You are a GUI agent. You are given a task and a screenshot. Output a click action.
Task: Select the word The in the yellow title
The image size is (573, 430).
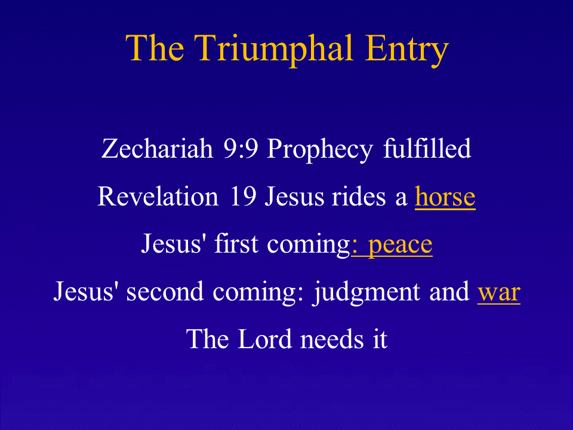coord(155,48)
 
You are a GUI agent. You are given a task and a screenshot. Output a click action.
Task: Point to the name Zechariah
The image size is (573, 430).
coord(157,149)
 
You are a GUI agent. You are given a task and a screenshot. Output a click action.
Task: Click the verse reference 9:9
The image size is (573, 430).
coord(241,149)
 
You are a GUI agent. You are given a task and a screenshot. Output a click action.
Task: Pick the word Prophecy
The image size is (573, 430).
coord(320,150)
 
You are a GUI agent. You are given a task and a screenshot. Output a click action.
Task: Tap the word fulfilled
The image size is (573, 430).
coord(427,148)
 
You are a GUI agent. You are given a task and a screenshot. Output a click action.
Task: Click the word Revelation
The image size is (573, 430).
coord(158,196)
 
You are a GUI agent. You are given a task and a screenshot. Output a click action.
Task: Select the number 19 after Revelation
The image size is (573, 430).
coord(243,196)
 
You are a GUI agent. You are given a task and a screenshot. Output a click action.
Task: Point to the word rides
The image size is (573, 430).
coord(358,196)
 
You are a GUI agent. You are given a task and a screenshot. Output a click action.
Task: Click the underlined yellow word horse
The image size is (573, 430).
coord(445,196)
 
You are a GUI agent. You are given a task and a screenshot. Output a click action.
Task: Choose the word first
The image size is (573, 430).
coord(236,244)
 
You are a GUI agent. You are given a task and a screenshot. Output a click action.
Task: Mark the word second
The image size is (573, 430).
coord(165,291)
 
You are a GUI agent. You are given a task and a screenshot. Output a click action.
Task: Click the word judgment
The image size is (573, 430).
coord(366,293)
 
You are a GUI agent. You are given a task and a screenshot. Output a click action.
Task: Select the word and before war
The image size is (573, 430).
coord(449,291)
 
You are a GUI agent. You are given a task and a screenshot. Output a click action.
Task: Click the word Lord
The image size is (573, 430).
coord(264,339)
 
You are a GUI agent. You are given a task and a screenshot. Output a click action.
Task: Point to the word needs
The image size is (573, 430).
coord(332,339)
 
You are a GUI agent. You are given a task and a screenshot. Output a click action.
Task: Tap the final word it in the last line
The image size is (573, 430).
coord(380,339)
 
